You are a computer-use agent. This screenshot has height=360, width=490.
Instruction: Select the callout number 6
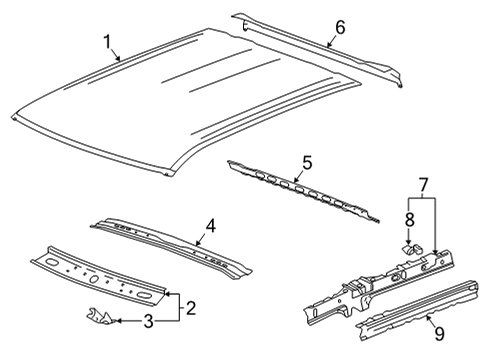339,28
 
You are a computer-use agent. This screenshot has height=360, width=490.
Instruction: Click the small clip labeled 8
409,243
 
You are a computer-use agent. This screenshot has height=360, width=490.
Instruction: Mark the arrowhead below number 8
408,236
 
